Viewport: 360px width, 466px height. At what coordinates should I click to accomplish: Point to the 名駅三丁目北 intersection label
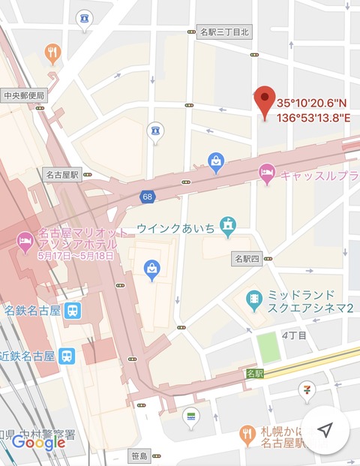click(x=223, y=32)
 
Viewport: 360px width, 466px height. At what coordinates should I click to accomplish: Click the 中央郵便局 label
click(x=24, y=96)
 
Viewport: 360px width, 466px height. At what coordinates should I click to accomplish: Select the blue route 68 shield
click(x=148, y=197)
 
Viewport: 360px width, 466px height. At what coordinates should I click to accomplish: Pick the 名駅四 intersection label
click(x=246, y=259)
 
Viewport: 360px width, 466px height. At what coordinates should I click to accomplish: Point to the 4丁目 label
click(x=294, y=335)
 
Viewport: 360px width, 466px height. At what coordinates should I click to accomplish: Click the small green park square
click(x=268, y=348)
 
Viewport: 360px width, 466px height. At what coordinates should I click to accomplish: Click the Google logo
click(x=38, y=443)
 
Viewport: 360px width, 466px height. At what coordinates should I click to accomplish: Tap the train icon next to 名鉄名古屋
click(x=72, y=311)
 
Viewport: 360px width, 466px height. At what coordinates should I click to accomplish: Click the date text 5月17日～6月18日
click(x=76, y=257)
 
